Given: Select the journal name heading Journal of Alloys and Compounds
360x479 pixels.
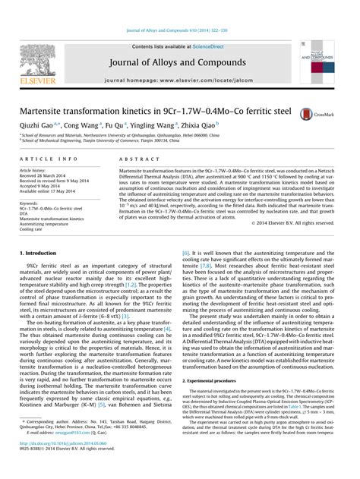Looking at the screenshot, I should point(181,42).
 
